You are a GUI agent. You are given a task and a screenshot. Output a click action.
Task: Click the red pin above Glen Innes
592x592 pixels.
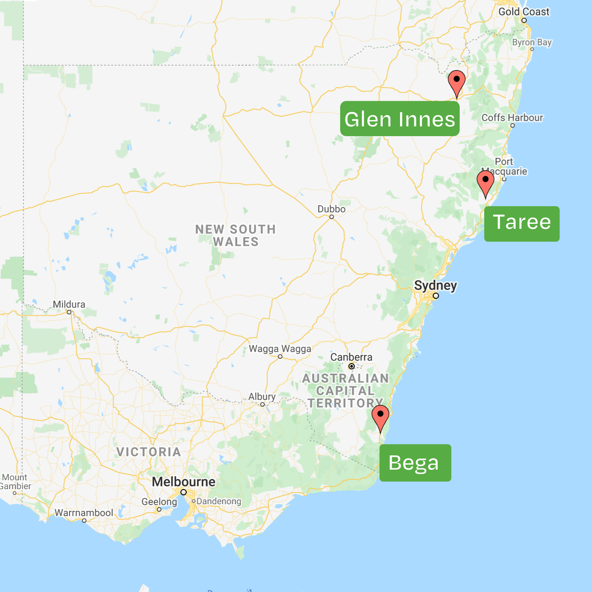pos(456,82)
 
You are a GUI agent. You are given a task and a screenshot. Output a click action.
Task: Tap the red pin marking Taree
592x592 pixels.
pos(485,182)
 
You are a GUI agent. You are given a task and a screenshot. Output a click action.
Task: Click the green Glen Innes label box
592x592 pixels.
pos(400,119)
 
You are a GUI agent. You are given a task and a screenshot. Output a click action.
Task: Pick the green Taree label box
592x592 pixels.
pos(521,223)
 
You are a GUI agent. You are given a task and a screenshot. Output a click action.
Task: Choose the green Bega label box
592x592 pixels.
pos(415,463)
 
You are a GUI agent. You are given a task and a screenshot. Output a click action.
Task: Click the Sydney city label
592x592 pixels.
pos(435,285)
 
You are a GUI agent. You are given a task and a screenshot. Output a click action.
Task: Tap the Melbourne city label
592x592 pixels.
pos(184,482)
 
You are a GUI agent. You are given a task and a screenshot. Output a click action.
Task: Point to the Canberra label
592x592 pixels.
pos(351,357)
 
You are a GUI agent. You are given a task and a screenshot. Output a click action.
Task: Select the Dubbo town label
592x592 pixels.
pos(331,209)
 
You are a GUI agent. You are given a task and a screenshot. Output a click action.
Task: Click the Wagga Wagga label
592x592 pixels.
pos(280,349)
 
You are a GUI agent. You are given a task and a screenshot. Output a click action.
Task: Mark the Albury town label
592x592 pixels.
pos(262,396)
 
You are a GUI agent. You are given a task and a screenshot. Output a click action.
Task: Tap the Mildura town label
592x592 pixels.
pos(69,304)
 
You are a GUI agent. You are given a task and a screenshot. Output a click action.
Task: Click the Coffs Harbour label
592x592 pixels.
pos(512,118)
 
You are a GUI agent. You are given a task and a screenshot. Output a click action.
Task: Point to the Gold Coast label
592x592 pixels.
pos(524,12)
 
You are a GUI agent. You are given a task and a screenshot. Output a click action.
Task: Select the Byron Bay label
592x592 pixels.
pos(532,42)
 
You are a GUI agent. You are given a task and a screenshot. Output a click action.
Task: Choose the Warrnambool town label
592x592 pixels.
pos(84,513)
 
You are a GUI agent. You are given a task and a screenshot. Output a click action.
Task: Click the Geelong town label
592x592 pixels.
pos(159,502)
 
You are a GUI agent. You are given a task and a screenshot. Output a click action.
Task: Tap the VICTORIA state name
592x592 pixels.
pos(149,452)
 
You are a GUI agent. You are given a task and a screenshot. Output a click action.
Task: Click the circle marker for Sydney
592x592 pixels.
pos(436,296)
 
